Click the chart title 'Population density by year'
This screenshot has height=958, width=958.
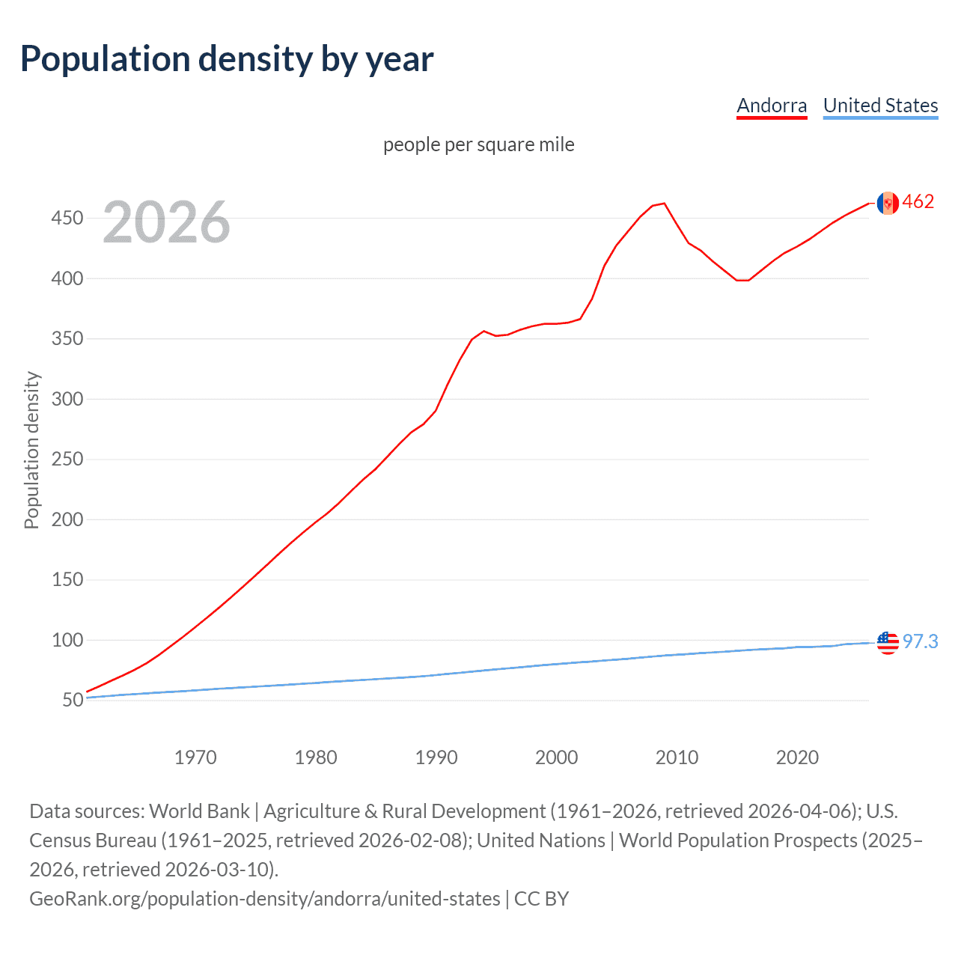[x=227, y=59]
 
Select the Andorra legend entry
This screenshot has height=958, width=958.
[x=772, y=106]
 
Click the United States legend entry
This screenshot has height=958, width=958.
[x=880, y=106]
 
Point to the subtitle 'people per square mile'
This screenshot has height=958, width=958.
[x=478, y=144]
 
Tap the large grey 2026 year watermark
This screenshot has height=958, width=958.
[x=166, y=222]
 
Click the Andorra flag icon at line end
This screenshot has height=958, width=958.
[x=888, y=203]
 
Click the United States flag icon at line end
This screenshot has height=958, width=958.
[x=888, y=642]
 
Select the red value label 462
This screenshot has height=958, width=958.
[x=918, y=202]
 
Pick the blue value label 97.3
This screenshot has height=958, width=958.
[x=920, y=641]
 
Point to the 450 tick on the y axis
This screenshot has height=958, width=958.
[x=67, y=219]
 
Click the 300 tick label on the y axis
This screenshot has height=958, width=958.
[x=67, y=399]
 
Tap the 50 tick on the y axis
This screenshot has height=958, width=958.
[x=73, y=701]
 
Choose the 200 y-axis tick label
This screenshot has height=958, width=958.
[x=67, y=519]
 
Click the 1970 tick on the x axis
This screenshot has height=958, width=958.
[x=195, y=757]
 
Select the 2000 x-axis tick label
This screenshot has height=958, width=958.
[x=556, y=757]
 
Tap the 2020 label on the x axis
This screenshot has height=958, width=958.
[x=797, y=757]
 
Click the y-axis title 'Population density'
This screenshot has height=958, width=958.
[x=31, y=451]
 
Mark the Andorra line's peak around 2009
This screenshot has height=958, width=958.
[x=664, y=204]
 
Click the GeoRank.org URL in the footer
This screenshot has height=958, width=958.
[x=264, y=898]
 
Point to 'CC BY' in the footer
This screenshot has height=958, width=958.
[x=542, y=898]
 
